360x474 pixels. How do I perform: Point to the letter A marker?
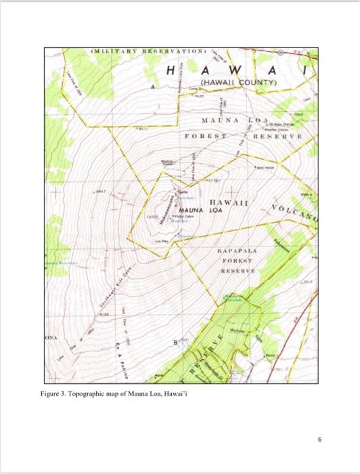pyautogui.click(x=154, y=87)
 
